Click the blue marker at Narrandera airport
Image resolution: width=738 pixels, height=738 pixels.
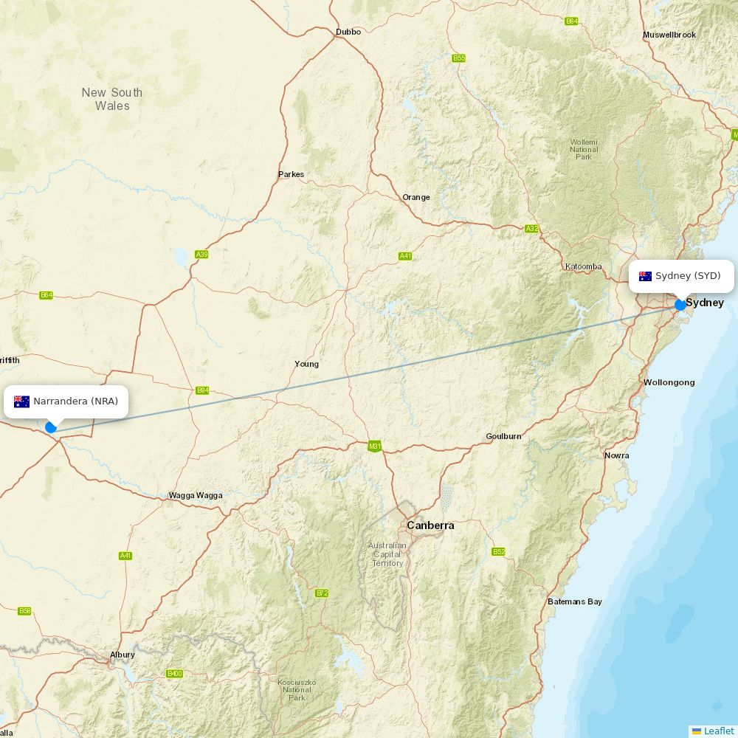51,427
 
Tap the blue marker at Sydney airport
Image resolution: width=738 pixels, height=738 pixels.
680,305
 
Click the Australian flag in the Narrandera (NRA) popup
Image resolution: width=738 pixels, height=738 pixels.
21,401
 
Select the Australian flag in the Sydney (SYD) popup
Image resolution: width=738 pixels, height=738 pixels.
645,276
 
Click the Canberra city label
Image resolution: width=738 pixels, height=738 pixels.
430,525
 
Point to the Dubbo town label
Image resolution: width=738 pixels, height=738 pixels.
348,32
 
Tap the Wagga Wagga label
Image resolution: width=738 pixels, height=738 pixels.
196,495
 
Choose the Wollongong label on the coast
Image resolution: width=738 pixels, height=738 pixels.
669,382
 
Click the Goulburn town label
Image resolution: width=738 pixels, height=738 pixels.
503,436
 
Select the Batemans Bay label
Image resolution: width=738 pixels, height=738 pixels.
574,601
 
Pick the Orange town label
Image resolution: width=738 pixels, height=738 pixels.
415,197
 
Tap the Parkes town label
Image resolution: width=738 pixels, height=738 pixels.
291,175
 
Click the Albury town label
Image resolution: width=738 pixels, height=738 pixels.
123,655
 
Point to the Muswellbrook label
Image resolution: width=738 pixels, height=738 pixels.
669,35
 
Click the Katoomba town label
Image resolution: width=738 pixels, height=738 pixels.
583,266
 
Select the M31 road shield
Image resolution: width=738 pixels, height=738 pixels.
375,446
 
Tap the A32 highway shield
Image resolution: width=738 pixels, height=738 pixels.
531,229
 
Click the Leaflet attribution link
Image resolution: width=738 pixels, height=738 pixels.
718,731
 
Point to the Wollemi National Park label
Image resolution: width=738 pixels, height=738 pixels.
584,149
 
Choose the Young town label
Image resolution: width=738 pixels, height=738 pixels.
306,364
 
